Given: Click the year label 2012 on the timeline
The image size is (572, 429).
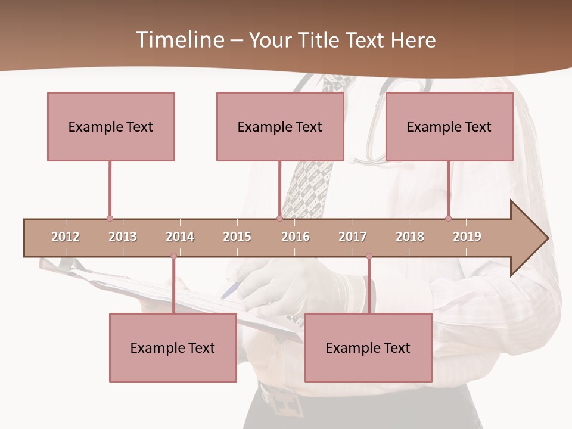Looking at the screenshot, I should [66, 237].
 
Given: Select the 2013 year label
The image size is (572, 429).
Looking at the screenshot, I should [123, 237].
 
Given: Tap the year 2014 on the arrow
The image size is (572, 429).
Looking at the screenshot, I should [180, 237].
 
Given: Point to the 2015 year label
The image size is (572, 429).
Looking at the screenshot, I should [237, 237].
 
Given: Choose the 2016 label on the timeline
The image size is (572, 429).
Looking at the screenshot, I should [296, 237].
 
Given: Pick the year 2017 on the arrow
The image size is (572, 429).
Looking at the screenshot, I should [353, 237].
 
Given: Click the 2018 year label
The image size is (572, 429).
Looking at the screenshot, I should [410, 237].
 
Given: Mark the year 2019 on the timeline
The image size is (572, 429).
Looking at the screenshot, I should [467, 237].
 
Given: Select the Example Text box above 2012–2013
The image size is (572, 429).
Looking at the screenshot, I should [111, 126].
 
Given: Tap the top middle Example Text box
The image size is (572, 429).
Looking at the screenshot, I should [280, 126].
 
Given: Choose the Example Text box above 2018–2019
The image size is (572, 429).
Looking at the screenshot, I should [449, 126].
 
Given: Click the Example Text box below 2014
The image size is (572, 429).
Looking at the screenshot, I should [173, 347].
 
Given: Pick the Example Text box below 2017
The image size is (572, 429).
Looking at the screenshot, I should [368, 347].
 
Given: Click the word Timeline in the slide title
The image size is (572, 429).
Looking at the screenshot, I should [179, 40].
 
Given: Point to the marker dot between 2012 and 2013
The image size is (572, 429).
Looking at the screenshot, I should [110, 218].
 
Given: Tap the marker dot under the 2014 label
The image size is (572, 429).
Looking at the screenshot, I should [173, 256].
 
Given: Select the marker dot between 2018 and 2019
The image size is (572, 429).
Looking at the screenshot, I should [448, 218].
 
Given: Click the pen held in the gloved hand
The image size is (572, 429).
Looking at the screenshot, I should [230, 291].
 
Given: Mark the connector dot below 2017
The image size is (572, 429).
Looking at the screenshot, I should [369, 256].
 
